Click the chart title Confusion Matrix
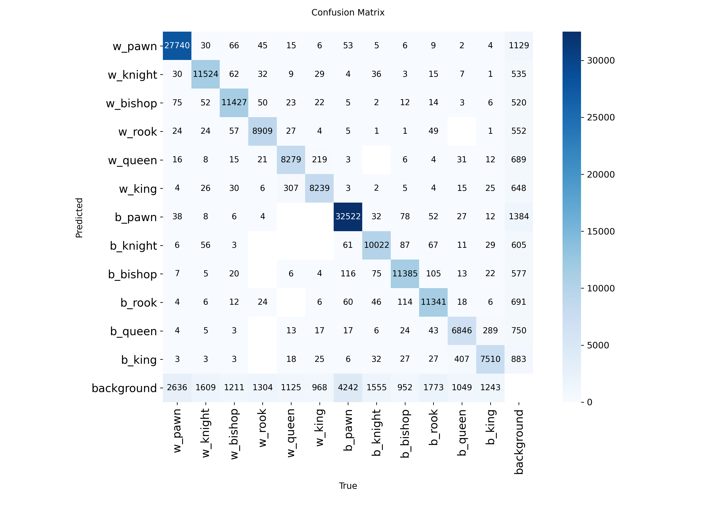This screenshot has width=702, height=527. click(x=348, y=12)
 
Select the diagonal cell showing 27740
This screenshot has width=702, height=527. click(x=177, y=45)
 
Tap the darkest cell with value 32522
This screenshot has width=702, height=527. click(x=348, y=217)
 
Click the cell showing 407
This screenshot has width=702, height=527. click(x=462, y=359)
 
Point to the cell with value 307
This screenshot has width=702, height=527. click(x=291, y=188)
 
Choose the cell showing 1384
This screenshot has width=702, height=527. click(x=519, y=217)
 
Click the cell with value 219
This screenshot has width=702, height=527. click(x=319, y=160)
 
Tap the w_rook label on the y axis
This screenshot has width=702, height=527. click(x=138, y=131)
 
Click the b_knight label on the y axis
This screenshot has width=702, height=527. click(x=134, y=245)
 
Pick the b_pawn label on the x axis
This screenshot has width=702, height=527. click(x=348, y=431)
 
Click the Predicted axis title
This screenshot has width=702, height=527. click(x=79, y=218)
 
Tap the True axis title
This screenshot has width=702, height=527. click(x=348, y=486)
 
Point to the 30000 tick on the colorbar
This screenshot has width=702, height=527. click(x=600, y=60)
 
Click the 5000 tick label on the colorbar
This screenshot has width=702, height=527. click(x=598, y=345)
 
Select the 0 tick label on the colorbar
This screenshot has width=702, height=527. click(x=590, y=402)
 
